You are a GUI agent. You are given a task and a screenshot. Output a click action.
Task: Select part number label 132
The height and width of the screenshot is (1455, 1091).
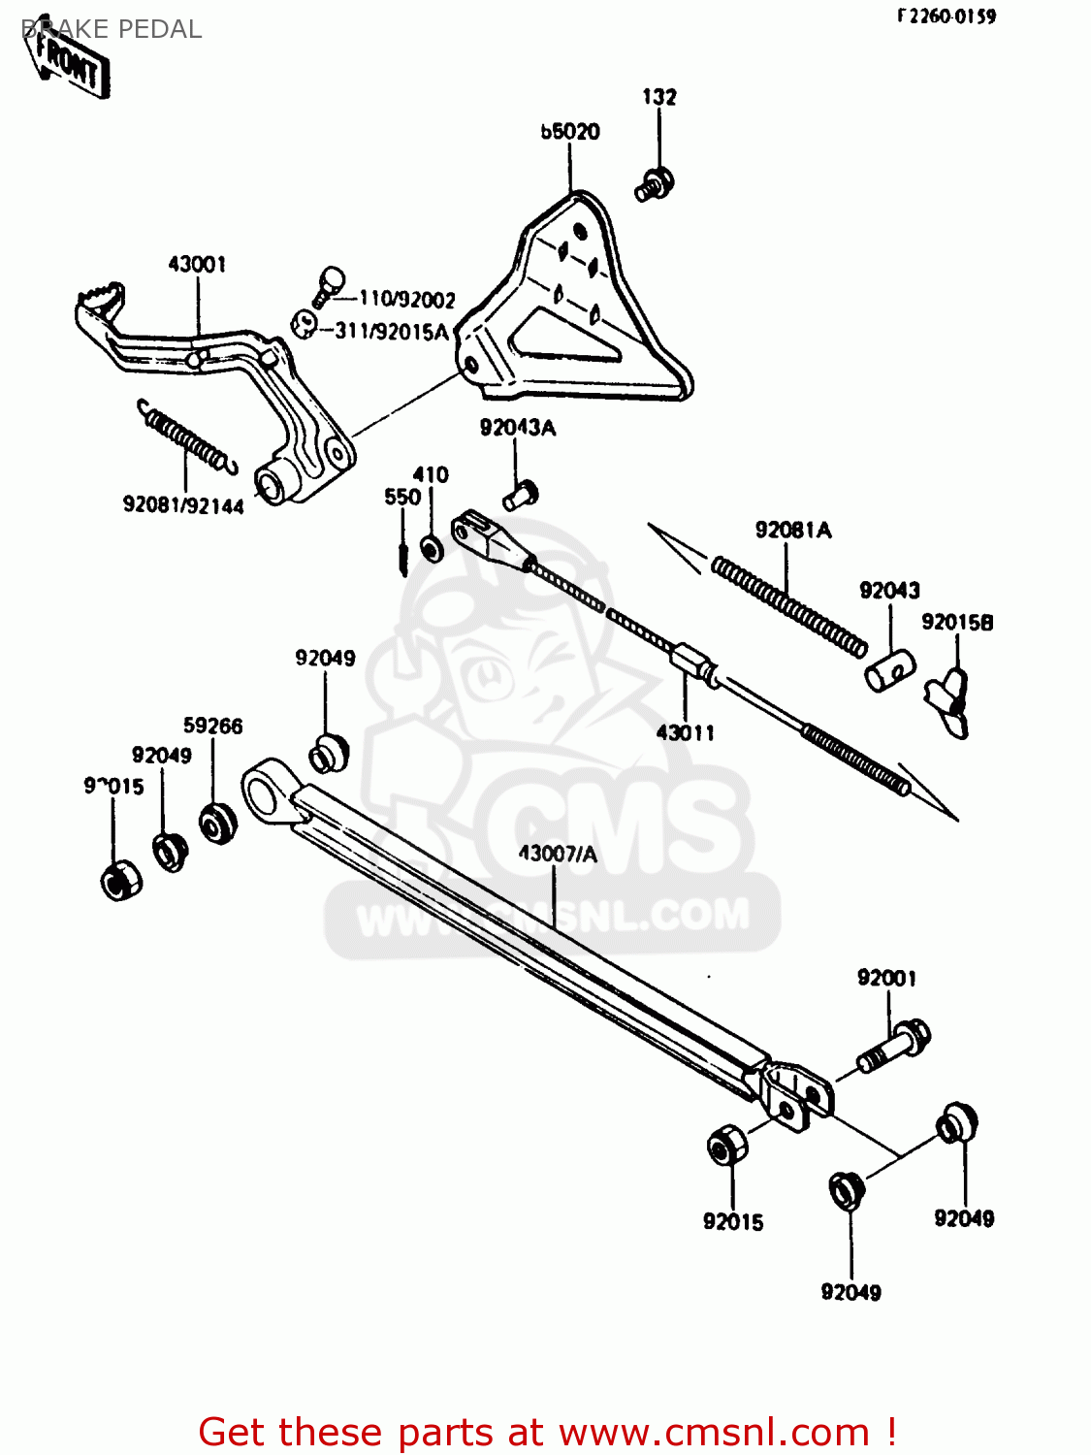[x=658, y=96]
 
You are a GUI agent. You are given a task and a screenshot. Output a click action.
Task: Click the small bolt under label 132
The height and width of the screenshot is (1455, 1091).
[x=656, y=183]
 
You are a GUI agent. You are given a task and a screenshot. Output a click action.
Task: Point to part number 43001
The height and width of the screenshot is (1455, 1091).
[x=197, y=264]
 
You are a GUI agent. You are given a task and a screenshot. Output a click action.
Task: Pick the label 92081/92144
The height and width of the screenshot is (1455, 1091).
[x=183, y=505]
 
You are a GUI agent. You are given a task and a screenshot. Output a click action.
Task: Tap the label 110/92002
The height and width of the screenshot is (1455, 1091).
[x=406, y=300]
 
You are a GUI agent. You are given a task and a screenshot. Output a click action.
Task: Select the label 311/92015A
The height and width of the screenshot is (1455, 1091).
[x=392, y=332]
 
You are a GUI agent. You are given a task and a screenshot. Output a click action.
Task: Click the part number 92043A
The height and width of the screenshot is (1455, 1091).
[x=518, y=428]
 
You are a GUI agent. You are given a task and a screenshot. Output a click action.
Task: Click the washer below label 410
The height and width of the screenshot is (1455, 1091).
[x=431, y=549]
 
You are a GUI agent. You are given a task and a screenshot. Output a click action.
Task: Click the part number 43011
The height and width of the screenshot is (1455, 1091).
[x=685, y=732]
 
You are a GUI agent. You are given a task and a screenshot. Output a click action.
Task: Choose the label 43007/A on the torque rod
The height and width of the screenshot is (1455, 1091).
[x=558, y=854]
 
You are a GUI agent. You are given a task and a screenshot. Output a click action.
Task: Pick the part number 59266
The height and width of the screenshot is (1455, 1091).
[x=213, y=726]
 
